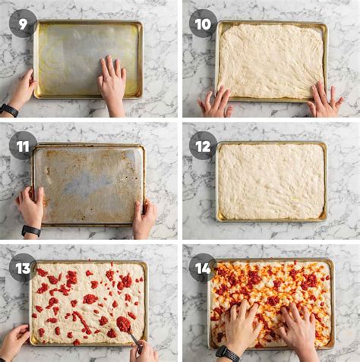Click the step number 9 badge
[23, 24]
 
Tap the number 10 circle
[203, 24]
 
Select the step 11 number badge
[23, 145]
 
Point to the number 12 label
[203, 145]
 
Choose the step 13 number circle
[23, 268]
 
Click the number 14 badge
[203, 268]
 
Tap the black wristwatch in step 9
[8, 110]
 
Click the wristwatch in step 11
[31, 231]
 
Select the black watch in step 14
[227, 354]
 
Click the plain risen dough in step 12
[270, 181]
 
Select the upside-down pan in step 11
[88, 184]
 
